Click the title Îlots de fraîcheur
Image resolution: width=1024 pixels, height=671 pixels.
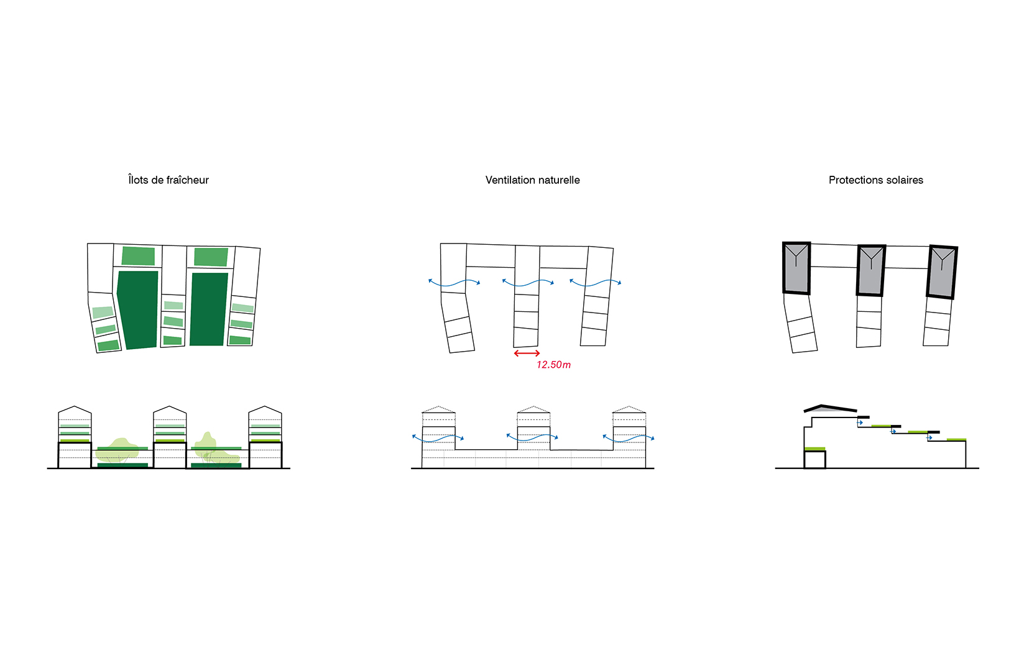pyautogui.click(x=168, y=180)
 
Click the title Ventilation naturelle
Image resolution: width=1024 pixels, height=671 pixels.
pyautogui.click(x=533, y=180)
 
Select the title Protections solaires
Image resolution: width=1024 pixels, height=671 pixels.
pyautogui.click(x=876, y=180)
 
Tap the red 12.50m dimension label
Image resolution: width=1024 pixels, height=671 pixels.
pyautogui.click(x=553, y=365)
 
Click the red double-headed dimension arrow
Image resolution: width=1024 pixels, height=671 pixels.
pyautogui.click(x=527, y=353)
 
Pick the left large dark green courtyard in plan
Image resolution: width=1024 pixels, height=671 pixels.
pyautogui.click(x=137, y=309)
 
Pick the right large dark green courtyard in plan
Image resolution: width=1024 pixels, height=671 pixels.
pyautogui.click(x=209, y=309)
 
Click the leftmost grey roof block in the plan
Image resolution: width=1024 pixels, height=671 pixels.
pyautogui.click(x=796, y=268)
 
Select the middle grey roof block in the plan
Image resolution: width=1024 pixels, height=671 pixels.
pyautogui.click(x=871, y=270)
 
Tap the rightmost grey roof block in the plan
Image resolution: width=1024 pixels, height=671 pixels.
pyautogui.click(x=942, y=272)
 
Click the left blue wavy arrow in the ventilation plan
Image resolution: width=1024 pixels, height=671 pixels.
pyautogui.click(x=454, y=283)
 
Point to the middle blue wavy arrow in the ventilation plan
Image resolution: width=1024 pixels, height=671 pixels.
pyautogui.click(x=528, y=283)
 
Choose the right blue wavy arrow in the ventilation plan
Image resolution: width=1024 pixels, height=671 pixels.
pyautogui.click(x=595, y=283)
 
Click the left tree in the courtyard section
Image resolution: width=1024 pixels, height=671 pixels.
pyautogui.click(x=117, y=450)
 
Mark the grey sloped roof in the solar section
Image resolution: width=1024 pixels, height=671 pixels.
pyautogui.click(x=830, y=409)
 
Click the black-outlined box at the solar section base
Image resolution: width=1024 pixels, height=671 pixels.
pyautogui.click(x=814, y=460)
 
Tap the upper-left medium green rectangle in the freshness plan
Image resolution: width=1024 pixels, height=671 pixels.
pyautogui.click(x=138, y=256)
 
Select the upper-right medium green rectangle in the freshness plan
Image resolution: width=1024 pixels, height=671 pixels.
pyautogui.click(x=211, y=257)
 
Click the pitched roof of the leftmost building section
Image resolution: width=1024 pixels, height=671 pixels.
pyautogui.click(x=75, y=409)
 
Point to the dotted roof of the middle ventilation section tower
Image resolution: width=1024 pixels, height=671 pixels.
pyautogui.click(x=533, y=409)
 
